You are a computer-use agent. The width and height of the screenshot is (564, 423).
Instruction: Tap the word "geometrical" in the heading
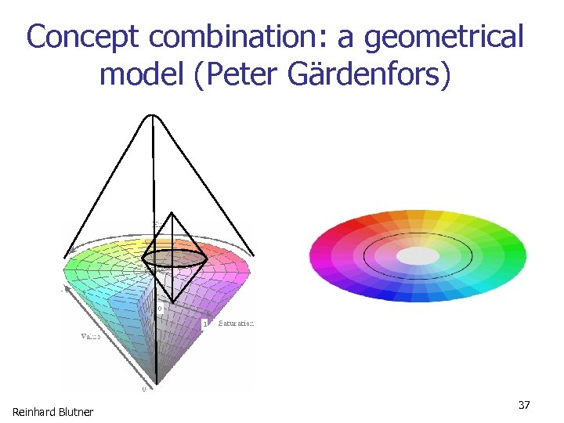445,37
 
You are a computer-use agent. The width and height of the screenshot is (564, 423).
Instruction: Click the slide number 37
524,404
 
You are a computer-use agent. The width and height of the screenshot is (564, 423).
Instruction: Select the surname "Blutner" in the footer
76,412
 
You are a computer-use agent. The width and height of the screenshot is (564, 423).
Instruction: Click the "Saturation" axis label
236,323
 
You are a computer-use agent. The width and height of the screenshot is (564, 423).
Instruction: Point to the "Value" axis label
89,335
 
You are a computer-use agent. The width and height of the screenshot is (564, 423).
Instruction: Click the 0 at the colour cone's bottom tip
143,388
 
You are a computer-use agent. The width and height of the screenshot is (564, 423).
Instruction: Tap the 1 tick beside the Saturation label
205,323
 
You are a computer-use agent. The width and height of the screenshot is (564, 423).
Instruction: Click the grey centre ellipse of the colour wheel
418,256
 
